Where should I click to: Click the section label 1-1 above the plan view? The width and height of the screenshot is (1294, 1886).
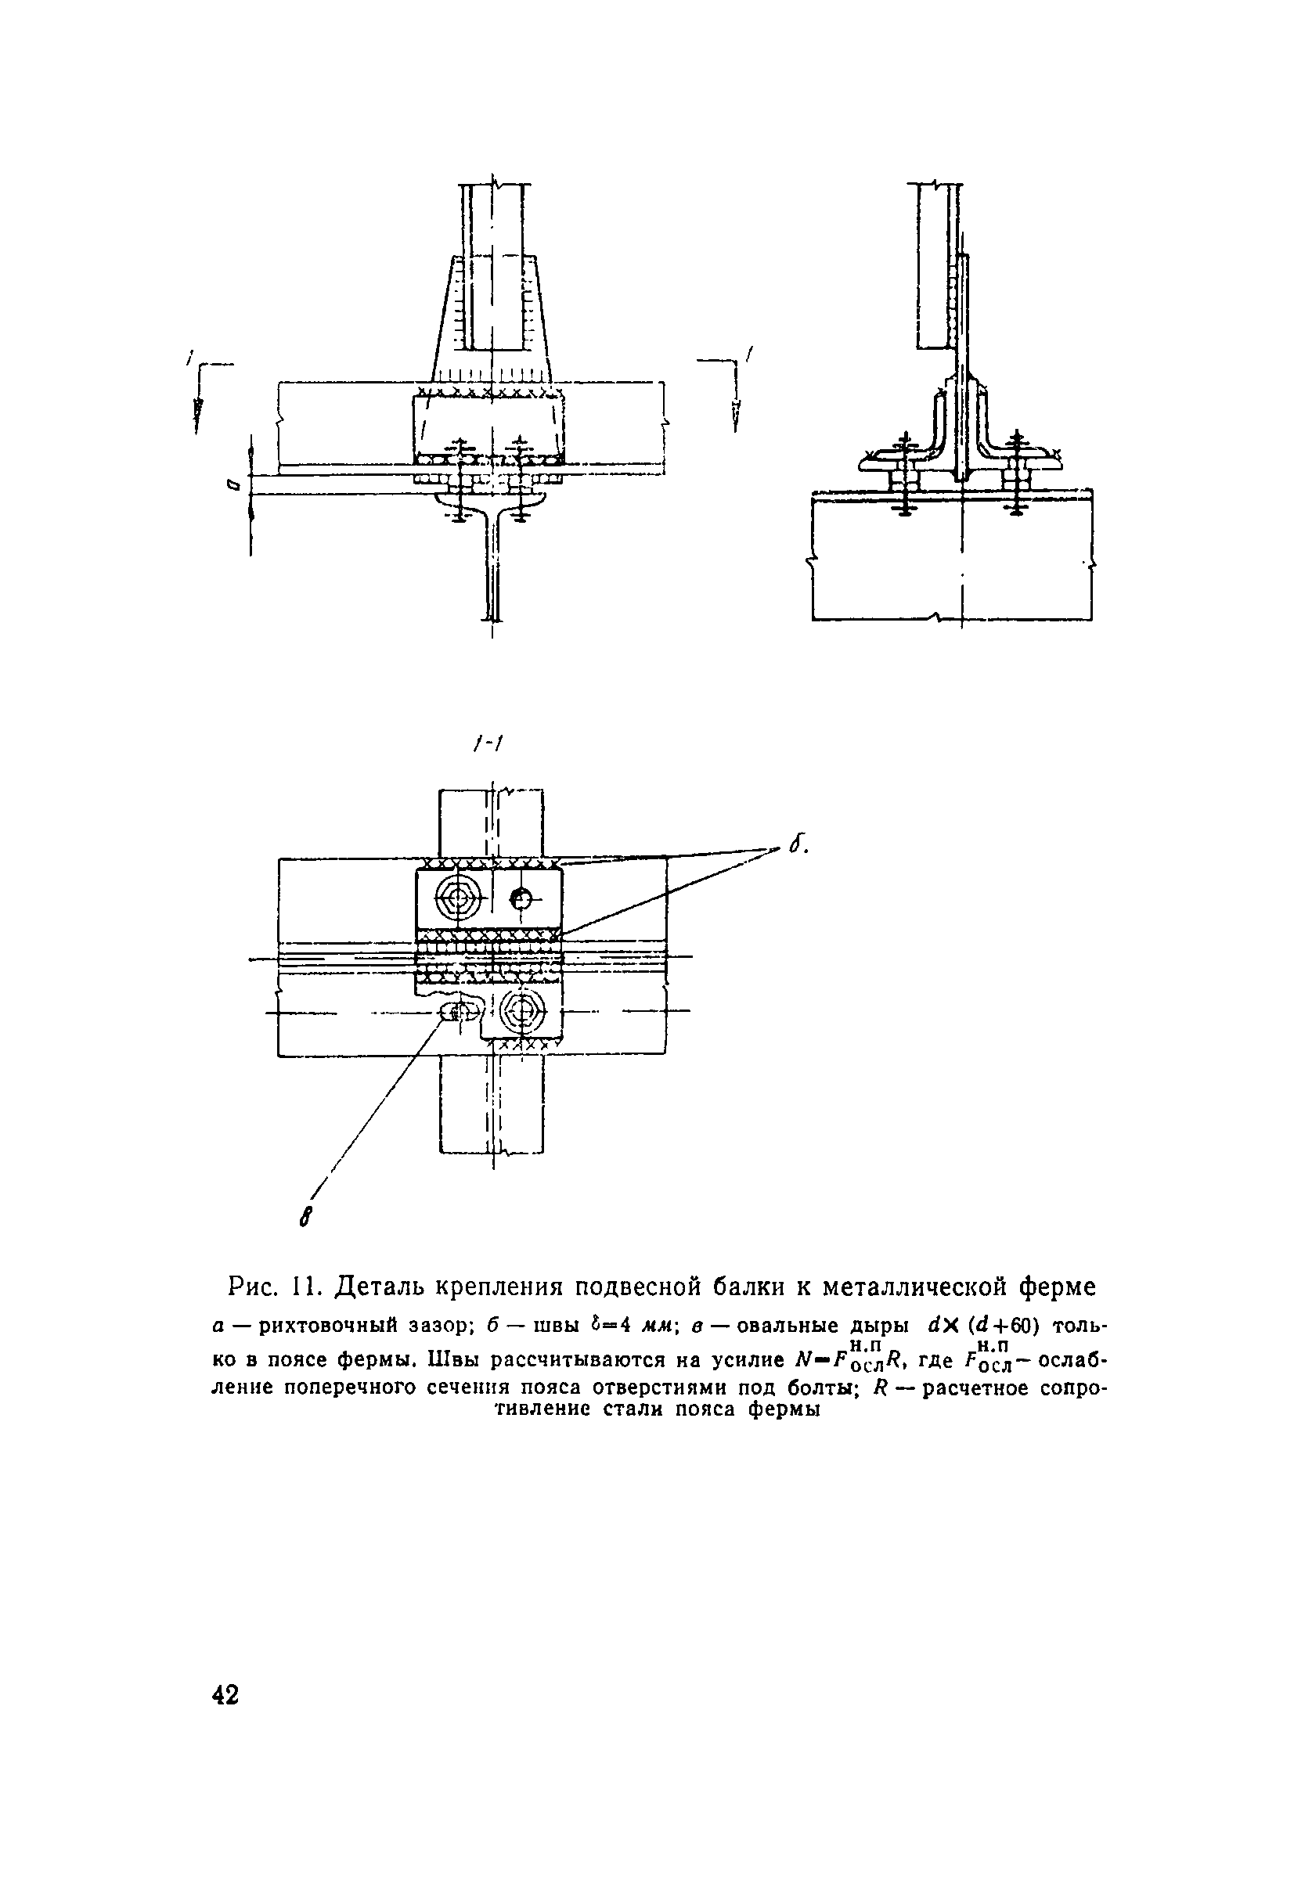(x=486, y=743)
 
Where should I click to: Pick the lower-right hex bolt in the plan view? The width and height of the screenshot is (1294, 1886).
(x=523, y=1011)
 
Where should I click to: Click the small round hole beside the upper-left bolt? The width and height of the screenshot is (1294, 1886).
(x=521, y=898)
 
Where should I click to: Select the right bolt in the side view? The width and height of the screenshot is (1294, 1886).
(x=1015, y=479)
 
